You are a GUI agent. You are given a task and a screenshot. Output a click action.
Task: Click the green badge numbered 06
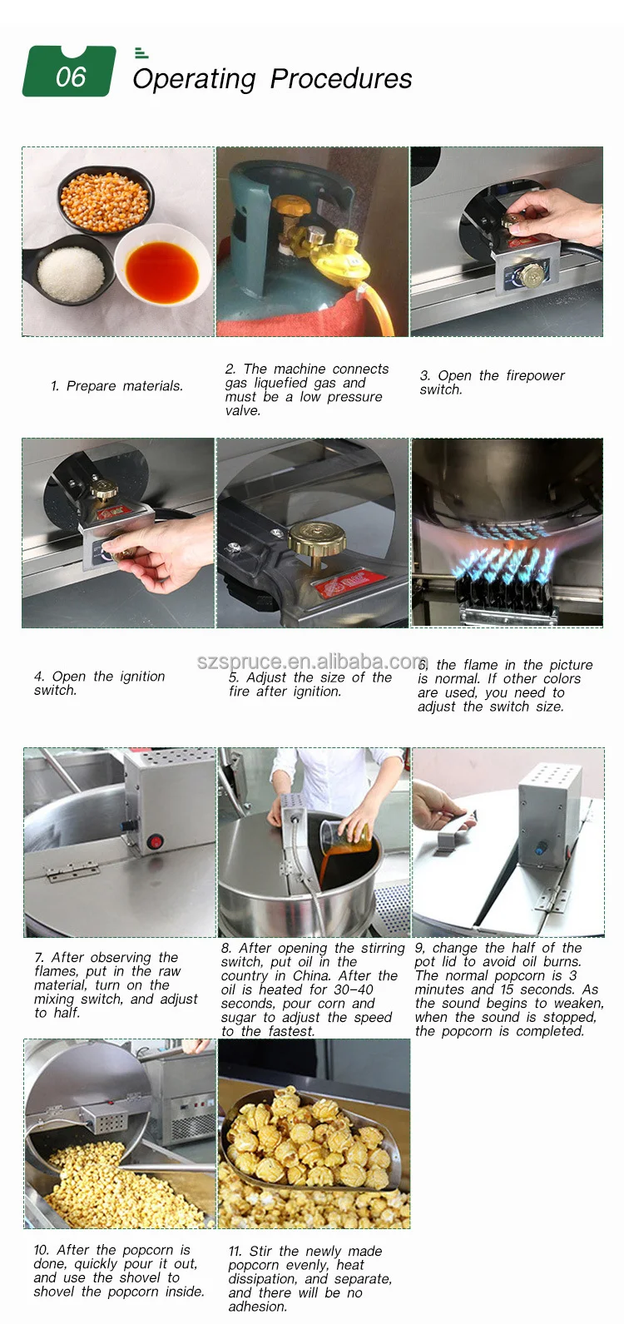[x=69, y=71]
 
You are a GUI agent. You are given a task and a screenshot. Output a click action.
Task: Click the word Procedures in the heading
[x=341, y=78]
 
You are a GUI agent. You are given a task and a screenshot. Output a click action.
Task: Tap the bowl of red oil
[x=162, y=270]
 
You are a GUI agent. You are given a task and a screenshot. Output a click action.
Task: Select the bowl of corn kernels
[x=105, y=200]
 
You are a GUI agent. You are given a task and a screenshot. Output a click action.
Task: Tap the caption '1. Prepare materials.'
[x=117, y=386]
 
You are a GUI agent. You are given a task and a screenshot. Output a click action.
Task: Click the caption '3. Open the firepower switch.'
[x=493, y=383]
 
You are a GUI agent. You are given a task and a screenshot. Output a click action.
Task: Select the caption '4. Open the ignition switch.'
[x=99, y=683]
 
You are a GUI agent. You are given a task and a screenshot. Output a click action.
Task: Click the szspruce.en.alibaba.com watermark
[x=312, y=662]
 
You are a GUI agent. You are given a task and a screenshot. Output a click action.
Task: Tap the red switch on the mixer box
[x=156, y=841]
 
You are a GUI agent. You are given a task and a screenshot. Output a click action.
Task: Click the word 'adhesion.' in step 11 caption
[x=258, y=1307]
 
